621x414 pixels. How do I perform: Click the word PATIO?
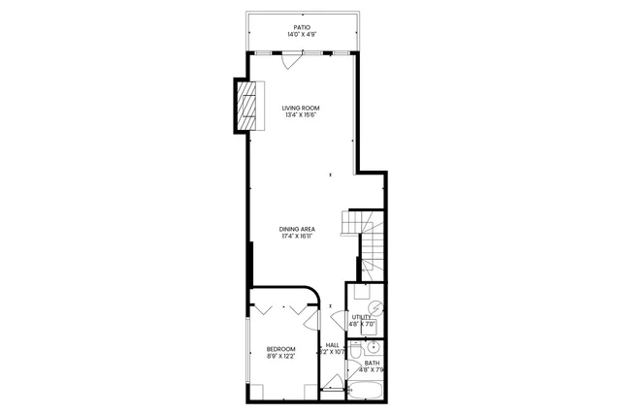pyautogui.click(x=302, y=26)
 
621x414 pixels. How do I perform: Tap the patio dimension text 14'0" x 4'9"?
pyautogui.click(x=302, y=35)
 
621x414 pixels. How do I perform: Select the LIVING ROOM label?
pyautogui.click(x=301, y=108)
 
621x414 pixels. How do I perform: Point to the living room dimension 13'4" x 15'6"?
pyautogui.click(x=301, y=115)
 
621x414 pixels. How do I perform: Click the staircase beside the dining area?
pyautogui.click(x=373, y=243)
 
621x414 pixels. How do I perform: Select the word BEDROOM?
pyautogui.click(x=280, y=348)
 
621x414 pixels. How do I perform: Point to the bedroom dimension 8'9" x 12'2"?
pyautogui.click(x=280, y=356)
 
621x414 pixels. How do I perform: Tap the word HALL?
pyautogui.click(x=332, y=344)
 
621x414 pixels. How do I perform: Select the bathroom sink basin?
pyautogui.click(x=376, y=348)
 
